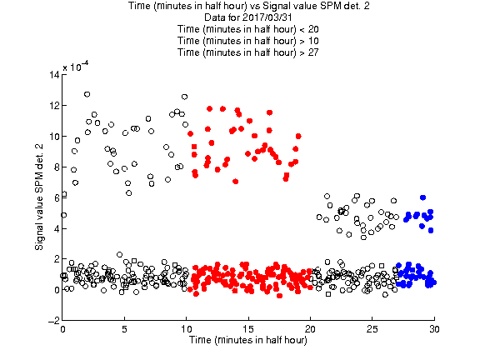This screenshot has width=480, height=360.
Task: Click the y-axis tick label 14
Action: [x=54, y=74]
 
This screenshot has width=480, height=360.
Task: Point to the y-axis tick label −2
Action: [x=54, y=320]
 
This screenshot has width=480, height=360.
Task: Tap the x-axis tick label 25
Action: [x=372, y=329]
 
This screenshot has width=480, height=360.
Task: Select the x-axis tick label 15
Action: [x=248, y=329]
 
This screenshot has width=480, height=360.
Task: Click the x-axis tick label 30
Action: [x=434, y=329]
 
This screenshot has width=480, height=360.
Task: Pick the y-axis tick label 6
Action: [x=57, y=197]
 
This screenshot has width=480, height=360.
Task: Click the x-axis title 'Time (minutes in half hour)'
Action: [x=248, y=340]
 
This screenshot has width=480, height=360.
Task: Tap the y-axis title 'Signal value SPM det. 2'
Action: [x=39, y=197]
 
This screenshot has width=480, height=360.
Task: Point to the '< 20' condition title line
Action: [x=248, y=29]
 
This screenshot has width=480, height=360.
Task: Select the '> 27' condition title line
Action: [x=248, y=52]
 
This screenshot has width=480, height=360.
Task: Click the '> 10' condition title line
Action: [x=248, y=41]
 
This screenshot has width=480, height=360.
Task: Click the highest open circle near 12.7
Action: [x=87, y=94]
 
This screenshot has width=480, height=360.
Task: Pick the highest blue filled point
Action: [x=422, y=197]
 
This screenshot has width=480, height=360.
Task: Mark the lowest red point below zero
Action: [x=279, y=296]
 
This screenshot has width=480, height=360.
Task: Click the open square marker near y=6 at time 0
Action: [x=64, y=194]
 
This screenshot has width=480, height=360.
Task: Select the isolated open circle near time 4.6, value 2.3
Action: [x=119, y=255]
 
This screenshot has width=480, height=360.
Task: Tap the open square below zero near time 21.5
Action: [x=328, y=294]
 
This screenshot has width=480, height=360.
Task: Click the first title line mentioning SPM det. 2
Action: [x=248, y=6]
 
